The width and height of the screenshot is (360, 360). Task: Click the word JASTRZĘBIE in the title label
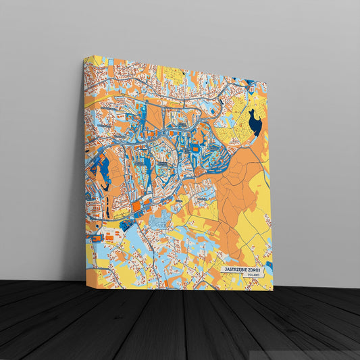(236, 269)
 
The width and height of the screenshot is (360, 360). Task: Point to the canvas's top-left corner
(85, 57)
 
